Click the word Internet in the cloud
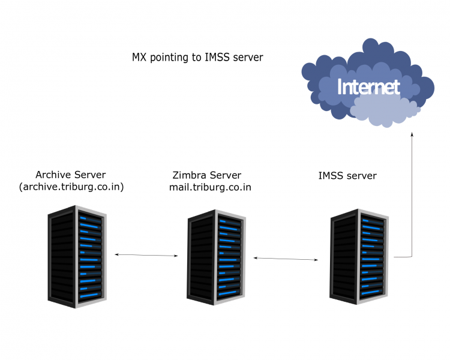click(x=368, y=86)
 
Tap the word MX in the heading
click(x=139, y=57)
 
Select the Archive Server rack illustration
click(x=77, y=257)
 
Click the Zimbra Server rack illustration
click(x=216, y=257)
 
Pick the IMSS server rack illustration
click(x=359, y=257)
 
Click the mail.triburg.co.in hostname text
click(x=210, y=187)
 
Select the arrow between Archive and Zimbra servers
click(x=146, y=255)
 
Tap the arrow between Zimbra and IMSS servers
click(x=286, y=259)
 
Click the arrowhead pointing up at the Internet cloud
click(x=412, y=134)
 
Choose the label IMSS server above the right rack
click(x=347, y=175)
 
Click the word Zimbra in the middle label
click(x=190, y=175)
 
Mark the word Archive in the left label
click(x=53, y=175)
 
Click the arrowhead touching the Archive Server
click(x=116, y=254)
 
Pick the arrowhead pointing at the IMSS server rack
click(x=316, y=260)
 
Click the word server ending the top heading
click(x=248, y=58)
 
